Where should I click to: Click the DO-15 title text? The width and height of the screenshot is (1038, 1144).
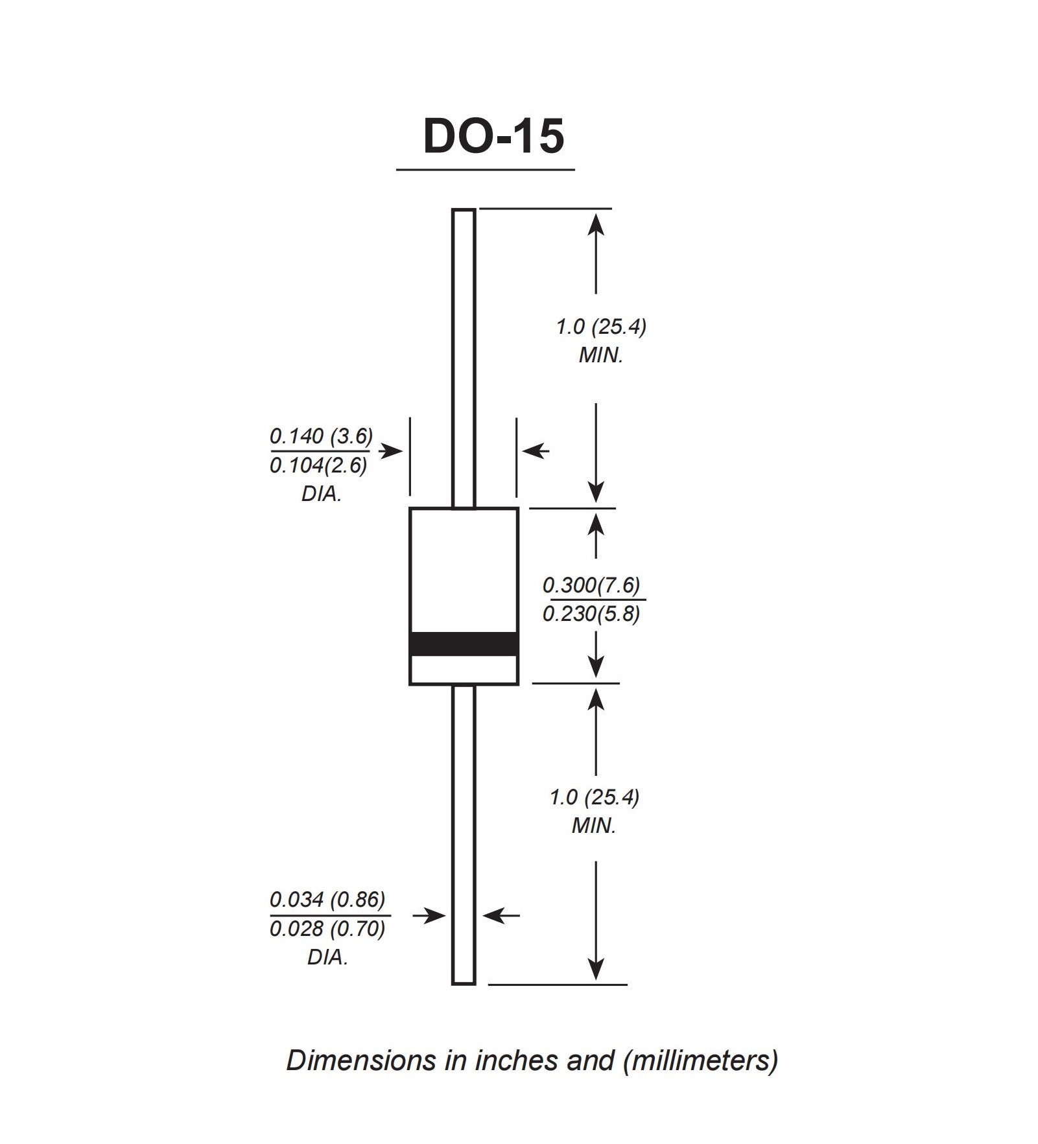point(493,137)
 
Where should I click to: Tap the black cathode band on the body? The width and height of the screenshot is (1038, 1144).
point(464,644)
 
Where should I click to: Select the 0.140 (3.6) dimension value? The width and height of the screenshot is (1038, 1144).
point(321,436)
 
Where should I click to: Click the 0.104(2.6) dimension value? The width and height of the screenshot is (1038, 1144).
point(318,465)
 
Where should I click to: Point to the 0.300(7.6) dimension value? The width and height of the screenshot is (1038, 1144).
point(591,585)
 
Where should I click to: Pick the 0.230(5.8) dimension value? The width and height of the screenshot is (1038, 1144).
point(591,613)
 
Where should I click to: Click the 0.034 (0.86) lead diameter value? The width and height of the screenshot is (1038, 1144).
point(327,899)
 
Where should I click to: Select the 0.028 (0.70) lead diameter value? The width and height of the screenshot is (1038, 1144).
point(327,929)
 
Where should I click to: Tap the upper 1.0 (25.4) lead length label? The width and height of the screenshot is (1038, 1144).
point(601,327)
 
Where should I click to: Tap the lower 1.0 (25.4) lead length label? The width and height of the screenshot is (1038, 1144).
point(595,797)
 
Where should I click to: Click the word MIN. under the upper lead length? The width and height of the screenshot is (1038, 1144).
point(600,356)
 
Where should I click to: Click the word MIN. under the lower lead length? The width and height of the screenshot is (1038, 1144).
point(593,826)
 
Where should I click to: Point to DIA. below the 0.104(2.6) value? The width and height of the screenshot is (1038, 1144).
point(321,494)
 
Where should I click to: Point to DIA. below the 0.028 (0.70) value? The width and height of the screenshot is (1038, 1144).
point(327,957)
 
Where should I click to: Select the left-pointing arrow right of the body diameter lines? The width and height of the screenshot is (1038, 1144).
point(536,450)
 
